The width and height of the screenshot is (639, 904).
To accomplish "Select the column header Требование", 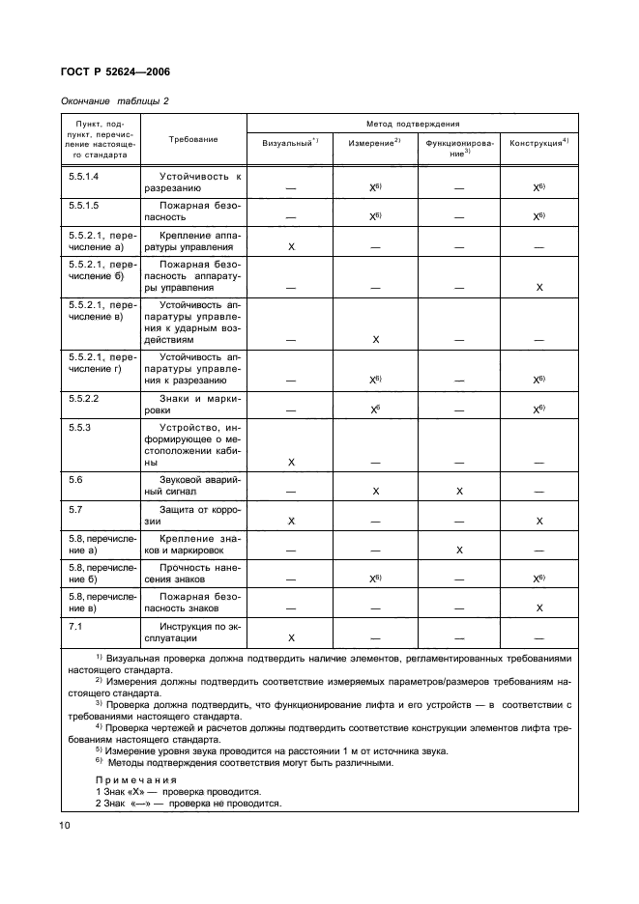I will coord(193,139).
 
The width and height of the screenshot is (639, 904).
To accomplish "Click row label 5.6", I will coord(74,479).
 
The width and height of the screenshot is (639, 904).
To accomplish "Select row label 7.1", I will coord(74,626).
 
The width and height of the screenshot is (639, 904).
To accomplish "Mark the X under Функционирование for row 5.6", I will coord(459,492).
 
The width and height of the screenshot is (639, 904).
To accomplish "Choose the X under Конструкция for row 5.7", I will coord(539,521).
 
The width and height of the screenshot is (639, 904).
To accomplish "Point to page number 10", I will coord(63,824).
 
